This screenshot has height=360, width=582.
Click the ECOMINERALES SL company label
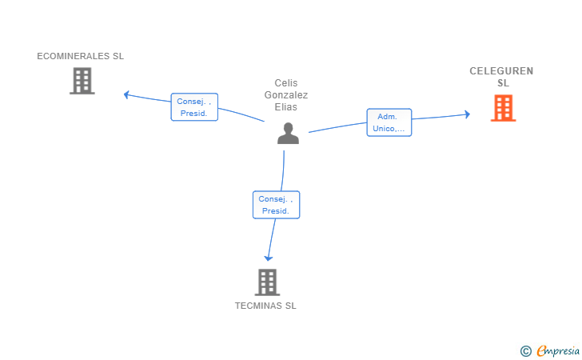pos(80,56)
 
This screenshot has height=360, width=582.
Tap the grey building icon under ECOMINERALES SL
pos(82,81)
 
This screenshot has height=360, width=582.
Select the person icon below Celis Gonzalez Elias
pos(288,133)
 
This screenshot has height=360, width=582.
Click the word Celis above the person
pos(285,83)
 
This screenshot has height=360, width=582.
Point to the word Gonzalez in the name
pos(285,94)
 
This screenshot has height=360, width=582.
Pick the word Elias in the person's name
pos(285,106)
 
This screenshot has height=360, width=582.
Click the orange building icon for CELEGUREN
pos(503,107)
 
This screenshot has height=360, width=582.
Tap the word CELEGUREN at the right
pos(501,71)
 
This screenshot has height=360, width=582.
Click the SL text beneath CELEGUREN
pos(503,83)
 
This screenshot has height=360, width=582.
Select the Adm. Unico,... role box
pos(389,122)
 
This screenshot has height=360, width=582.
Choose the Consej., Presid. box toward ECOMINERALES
pos(194,107)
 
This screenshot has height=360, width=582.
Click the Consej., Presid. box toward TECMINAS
pos(276,205)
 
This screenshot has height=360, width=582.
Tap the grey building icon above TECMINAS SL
pos(267,282)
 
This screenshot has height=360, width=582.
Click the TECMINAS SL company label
pos(265,306)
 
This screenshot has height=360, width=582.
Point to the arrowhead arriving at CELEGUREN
pos(468,114)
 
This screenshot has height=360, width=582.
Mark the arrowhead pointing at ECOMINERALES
pos(126,94)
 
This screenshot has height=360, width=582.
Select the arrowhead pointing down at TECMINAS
pos(269,258)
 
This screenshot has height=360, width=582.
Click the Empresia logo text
pos(558,350)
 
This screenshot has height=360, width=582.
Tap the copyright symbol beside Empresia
pos(525,350)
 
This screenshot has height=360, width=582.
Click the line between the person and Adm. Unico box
pos(337,127)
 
